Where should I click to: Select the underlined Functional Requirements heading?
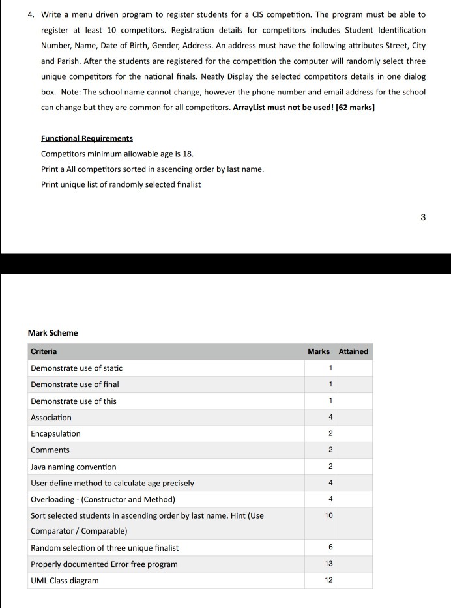tap(87, 138)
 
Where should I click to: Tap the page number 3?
tap(423, 218)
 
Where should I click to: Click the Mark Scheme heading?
tap(53, 333)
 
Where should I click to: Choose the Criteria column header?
tap(44, 352)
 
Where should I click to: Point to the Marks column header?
tap(319, 352)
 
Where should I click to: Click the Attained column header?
tap(353, 352)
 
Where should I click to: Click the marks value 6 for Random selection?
tap(330, 547)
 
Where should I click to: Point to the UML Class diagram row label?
tap(65, 581)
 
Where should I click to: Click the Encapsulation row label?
tap(55, 434)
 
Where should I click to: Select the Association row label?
tap(51, 418)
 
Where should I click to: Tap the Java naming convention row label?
tap(74, 467)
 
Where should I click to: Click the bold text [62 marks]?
tap(355, 108)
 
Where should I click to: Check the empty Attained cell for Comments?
tap(354, 450)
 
